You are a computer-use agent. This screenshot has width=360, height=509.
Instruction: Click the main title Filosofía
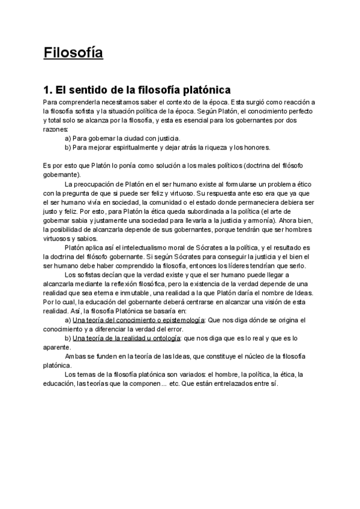pos(73,53)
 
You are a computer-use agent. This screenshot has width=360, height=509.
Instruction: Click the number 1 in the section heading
pos(47,90)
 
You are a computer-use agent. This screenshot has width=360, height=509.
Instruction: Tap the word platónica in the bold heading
pos(203,90)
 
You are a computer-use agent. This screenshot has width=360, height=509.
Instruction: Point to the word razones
pos(56,129)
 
